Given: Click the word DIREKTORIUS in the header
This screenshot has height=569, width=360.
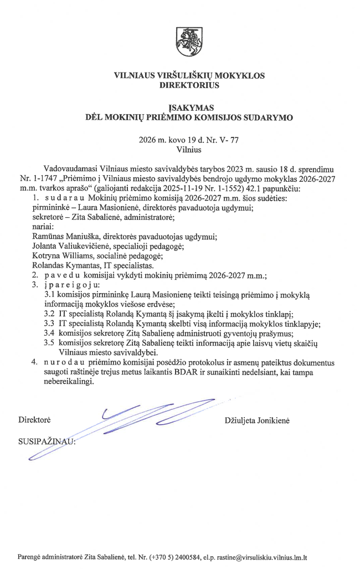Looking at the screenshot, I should point(189,85).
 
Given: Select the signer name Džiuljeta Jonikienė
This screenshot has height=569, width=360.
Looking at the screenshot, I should point(257,421).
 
